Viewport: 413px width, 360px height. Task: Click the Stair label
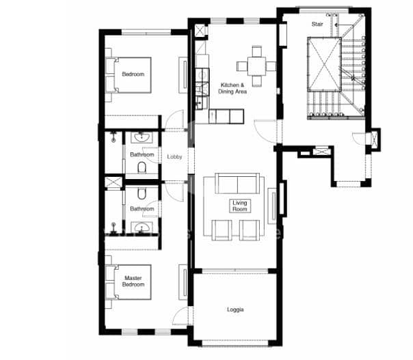point(317,24)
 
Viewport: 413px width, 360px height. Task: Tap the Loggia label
point(235,309)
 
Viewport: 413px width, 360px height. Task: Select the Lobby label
point(174,157)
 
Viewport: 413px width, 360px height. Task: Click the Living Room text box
point(240,206)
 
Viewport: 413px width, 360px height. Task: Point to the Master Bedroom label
point(133,281)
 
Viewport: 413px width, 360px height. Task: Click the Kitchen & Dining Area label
point(232,88)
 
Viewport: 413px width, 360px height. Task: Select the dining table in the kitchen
point(256,66)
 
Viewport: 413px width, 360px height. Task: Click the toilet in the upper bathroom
point(142,167)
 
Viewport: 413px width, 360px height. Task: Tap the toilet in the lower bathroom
point(142,193)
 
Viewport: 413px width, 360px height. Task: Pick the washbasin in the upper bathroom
point(142,137)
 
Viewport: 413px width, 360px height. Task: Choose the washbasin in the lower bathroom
point(142,227)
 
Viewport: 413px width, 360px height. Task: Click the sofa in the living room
point(237,183)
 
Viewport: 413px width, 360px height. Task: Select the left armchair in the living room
point(222,230)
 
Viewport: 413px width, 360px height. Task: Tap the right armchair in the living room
point(250,230)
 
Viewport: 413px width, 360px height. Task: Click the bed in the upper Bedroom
point(129,75)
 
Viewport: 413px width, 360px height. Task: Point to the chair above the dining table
point(256,51)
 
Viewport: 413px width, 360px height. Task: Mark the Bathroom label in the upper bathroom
point(142,154)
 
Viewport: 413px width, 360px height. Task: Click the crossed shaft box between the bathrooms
point(114,182)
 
